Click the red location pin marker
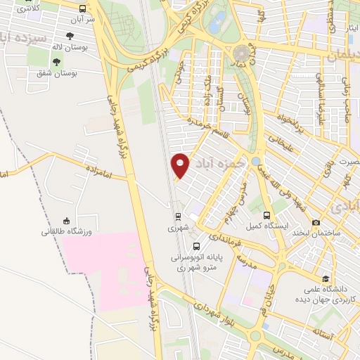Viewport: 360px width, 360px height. [x=181, y=165]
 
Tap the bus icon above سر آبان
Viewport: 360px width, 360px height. [x=84, y=9]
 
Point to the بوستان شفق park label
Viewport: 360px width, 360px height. [x=77, y=72]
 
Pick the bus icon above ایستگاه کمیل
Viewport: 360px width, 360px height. [x=266, y=215]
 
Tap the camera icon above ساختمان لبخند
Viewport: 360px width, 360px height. [x=316, y=222]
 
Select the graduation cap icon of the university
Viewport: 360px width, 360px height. [x=325, y=278]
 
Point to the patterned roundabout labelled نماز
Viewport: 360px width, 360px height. [x=243, y=52]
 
